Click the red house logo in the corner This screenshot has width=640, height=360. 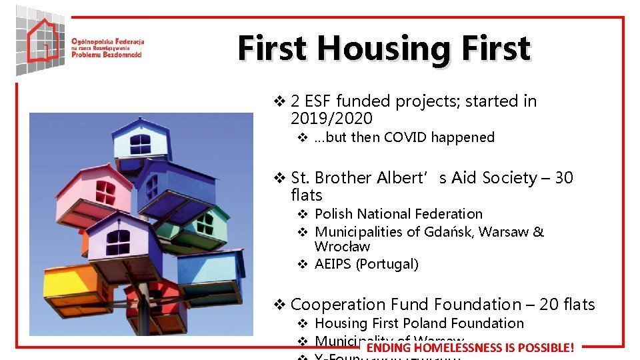(41, 40)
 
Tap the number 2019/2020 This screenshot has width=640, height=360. (331, 119)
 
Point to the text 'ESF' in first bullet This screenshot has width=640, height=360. (317, 101)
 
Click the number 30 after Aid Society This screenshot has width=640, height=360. (563, 178)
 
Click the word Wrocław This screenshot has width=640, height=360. (342, 247)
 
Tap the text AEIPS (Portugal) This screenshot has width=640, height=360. (366, 264)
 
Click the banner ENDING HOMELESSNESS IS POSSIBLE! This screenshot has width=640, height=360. (470, 347)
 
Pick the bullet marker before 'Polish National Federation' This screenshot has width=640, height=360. (301, 214)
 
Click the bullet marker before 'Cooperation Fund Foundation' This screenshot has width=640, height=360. (280, 305)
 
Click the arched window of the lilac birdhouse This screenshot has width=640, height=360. (118, 241)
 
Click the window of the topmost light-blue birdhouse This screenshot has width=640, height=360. (141, 143)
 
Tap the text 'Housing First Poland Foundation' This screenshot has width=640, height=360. (419, 323)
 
